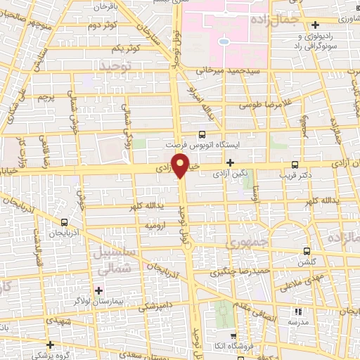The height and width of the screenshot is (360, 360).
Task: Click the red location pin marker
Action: (x=181, y=167)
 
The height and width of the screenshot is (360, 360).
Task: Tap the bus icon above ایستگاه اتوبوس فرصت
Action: (x=202, y=134)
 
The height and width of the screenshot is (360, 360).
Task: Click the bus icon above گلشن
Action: (x=307, y=251)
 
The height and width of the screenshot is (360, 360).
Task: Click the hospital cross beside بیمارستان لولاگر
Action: (x=99, y=290)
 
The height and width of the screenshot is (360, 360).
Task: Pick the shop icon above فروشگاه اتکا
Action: (x=233, y=335)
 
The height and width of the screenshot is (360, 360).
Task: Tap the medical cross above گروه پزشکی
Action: (x=50, y=345)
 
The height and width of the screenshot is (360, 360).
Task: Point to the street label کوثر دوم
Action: (x=103, y=26)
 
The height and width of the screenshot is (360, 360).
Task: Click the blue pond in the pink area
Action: (x=224, y=41)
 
